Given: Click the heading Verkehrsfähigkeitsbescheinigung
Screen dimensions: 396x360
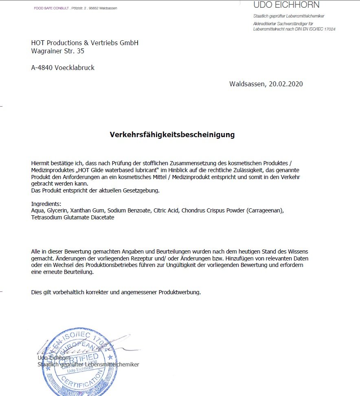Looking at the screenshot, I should [x=172, y=135].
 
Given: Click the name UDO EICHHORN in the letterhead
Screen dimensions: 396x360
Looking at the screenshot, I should [x=286, y=5].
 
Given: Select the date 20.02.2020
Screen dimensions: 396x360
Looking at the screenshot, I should [x=285, y=84].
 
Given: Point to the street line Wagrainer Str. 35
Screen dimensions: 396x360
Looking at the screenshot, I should [x=57, y=51].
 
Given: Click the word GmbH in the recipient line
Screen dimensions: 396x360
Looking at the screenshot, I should [x=129, y=43].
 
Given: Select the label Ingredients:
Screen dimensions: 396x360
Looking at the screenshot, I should [x=46, y=204].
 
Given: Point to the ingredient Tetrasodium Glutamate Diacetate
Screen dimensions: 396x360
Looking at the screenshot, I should [x=72, y=218].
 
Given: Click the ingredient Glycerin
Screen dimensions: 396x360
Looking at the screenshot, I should [x=57, y=211].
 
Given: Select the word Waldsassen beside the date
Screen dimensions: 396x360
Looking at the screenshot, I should [x=247, y=84].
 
